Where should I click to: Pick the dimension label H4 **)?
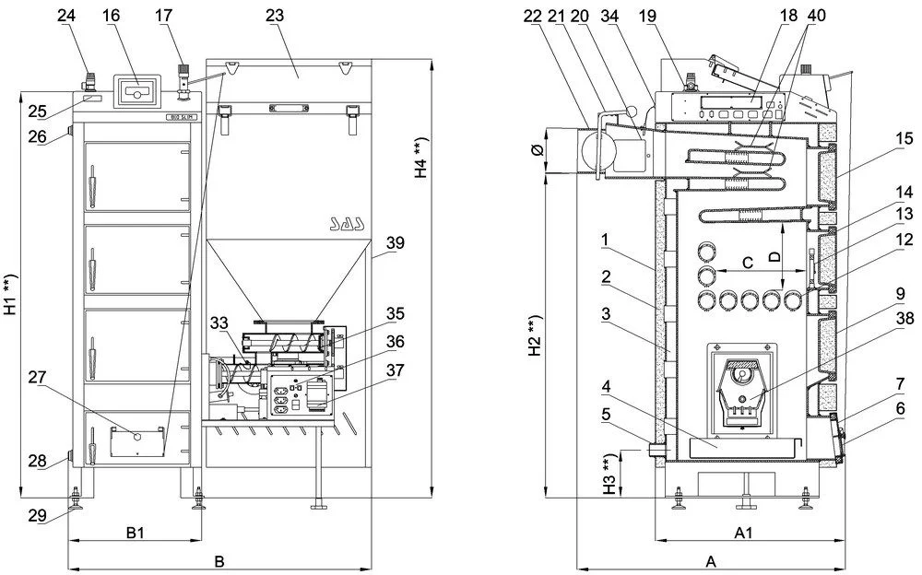tap(420, 158)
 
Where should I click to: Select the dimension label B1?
tap(135, 532)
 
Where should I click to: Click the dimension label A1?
tap(744, 532)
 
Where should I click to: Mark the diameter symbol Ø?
tap(538, 149)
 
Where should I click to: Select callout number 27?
tap(37, 377)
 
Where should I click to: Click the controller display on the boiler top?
tap(136, 93)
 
